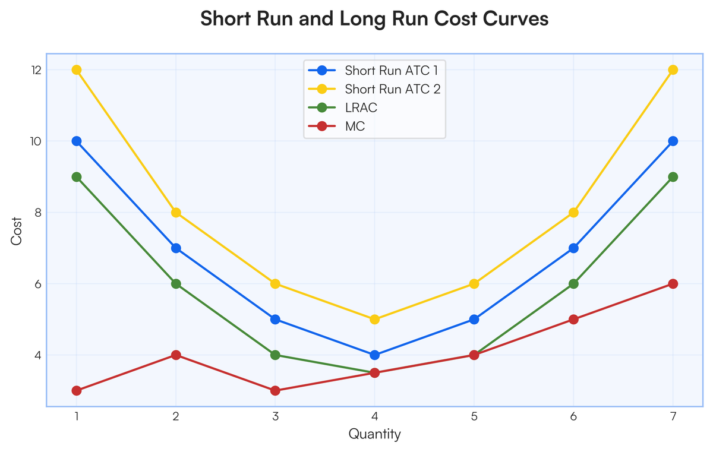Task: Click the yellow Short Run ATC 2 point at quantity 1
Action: click(x=77, y=69)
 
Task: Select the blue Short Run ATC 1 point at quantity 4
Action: click(x=374, y=355)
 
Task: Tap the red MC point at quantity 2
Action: click(x=176, y=355)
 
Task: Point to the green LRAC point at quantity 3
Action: click(x=275, y=355)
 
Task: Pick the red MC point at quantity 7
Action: click(x=673, y=283)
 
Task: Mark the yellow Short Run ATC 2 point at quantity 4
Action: click(x=374, y=319)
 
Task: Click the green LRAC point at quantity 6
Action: click(x=573, y=283)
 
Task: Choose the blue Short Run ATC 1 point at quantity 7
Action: click(x=673, y=141)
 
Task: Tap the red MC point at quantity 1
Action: click(x=77, y=390)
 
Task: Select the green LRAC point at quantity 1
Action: click(x=77, y=176)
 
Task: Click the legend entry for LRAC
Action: click(x=361, y=108)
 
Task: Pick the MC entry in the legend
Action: click(x=355, y=127)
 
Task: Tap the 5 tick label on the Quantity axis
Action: click(x=474, y=416)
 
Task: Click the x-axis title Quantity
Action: click(x=374, y=434)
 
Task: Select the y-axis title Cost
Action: click(x=17, y=236)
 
